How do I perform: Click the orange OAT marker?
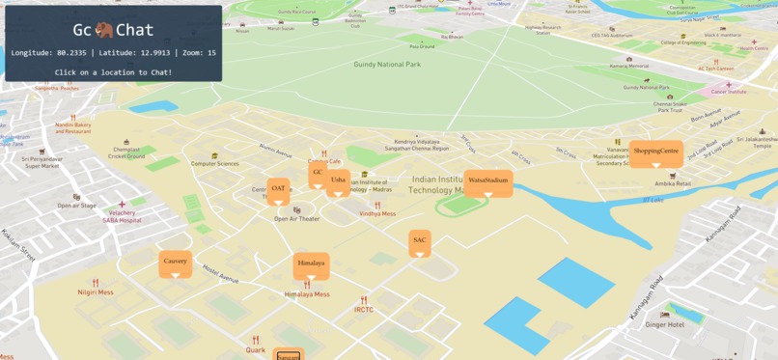click(278, 189)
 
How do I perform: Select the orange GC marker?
click(318, 173)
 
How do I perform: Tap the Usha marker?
click(338, 180)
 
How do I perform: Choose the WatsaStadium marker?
click(487, 180)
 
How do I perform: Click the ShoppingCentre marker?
click(655, 152)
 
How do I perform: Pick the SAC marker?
click(419, 240)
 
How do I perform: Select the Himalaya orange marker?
click(311, 263)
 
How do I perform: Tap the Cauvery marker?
click(175, 262)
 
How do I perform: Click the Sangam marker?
click(288, 355)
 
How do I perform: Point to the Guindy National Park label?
click(386, 65)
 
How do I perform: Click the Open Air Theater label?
click(296, 219)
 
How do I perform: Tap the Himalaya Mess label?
click(307, 294)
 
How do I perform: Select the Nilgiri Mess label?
click(96, 291)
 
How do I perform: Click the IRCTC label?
click(364, 310)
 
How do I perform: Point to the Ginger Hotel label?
click(664, 324)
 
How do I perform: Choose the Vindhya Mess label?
click(377, 214)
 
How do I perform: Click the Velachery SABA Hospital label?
click(123, 216)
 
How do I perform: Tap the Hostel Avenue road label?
click(220, 275)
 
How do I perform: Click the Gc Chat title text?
click(113, 30)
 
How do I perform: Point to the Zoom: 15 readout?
click(197, 52)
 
